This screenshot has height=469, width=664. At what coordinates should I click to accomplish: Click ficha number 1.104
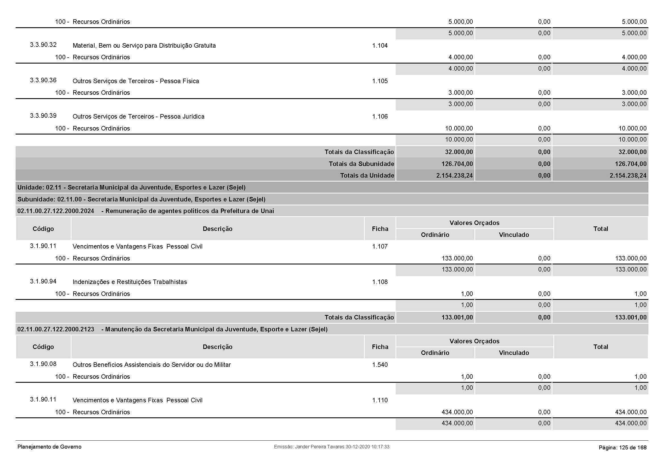(x=380, y=46)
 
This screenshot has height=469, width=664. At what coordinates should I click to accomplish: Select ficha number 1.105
(x=380, y=81)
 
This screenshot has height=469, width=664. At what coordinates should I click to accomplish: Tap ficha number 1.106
(x=380, y=117)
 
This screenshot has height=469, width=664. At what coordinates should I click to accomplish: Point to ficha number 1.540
(x=380, y=365)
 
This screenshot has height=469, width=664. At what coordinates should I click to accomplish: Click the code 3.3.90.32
(x=43, y=45)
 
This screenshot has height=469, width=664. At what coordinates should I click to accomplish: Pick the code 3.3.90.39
(x=43, y=116)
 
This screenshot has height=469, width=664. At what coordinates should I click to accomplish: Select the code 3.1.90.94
(x=43, y=281)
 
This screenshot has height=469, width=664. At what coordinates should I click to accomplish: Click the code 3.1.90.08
(x=43, y=364)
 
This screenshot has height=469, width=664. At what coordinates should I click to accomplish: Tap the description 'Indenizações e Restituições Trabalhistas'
(x=129, y=282)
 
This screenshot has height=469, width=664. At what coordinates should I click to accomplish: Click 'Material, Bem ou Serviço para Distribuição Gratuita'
(x=144, y=46)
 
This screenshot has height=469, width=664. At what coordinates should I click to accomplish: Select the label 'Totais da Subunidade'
(x=361, y=164)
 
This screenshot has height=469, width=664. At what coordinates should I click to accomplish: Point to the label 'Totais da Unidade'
(x=367, y=176)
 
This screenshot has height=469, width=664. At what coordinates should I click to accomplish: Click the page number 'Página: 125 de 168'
(x=622, y=448)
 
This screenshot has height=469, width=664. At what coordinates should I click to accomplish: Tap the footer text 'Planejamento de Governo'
(x=49, y=447)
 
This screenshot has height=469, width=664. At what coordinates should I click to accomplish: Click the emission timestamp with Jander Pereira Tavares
(x=331, y=447)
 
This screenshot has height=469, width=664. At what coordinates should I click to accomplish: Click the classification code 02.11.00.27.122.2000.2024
(x=56, y=211)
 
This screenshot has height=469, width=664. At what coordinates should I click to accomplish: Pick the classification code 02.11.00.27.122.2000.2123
(x=56, y=329)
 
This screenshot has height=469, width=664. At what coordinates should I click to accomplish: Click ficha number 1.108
(x=380, y=282)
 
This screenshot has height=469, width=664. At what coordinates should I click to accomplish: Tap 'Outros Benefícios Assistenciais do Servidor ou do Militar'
(x=152, y=365)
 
